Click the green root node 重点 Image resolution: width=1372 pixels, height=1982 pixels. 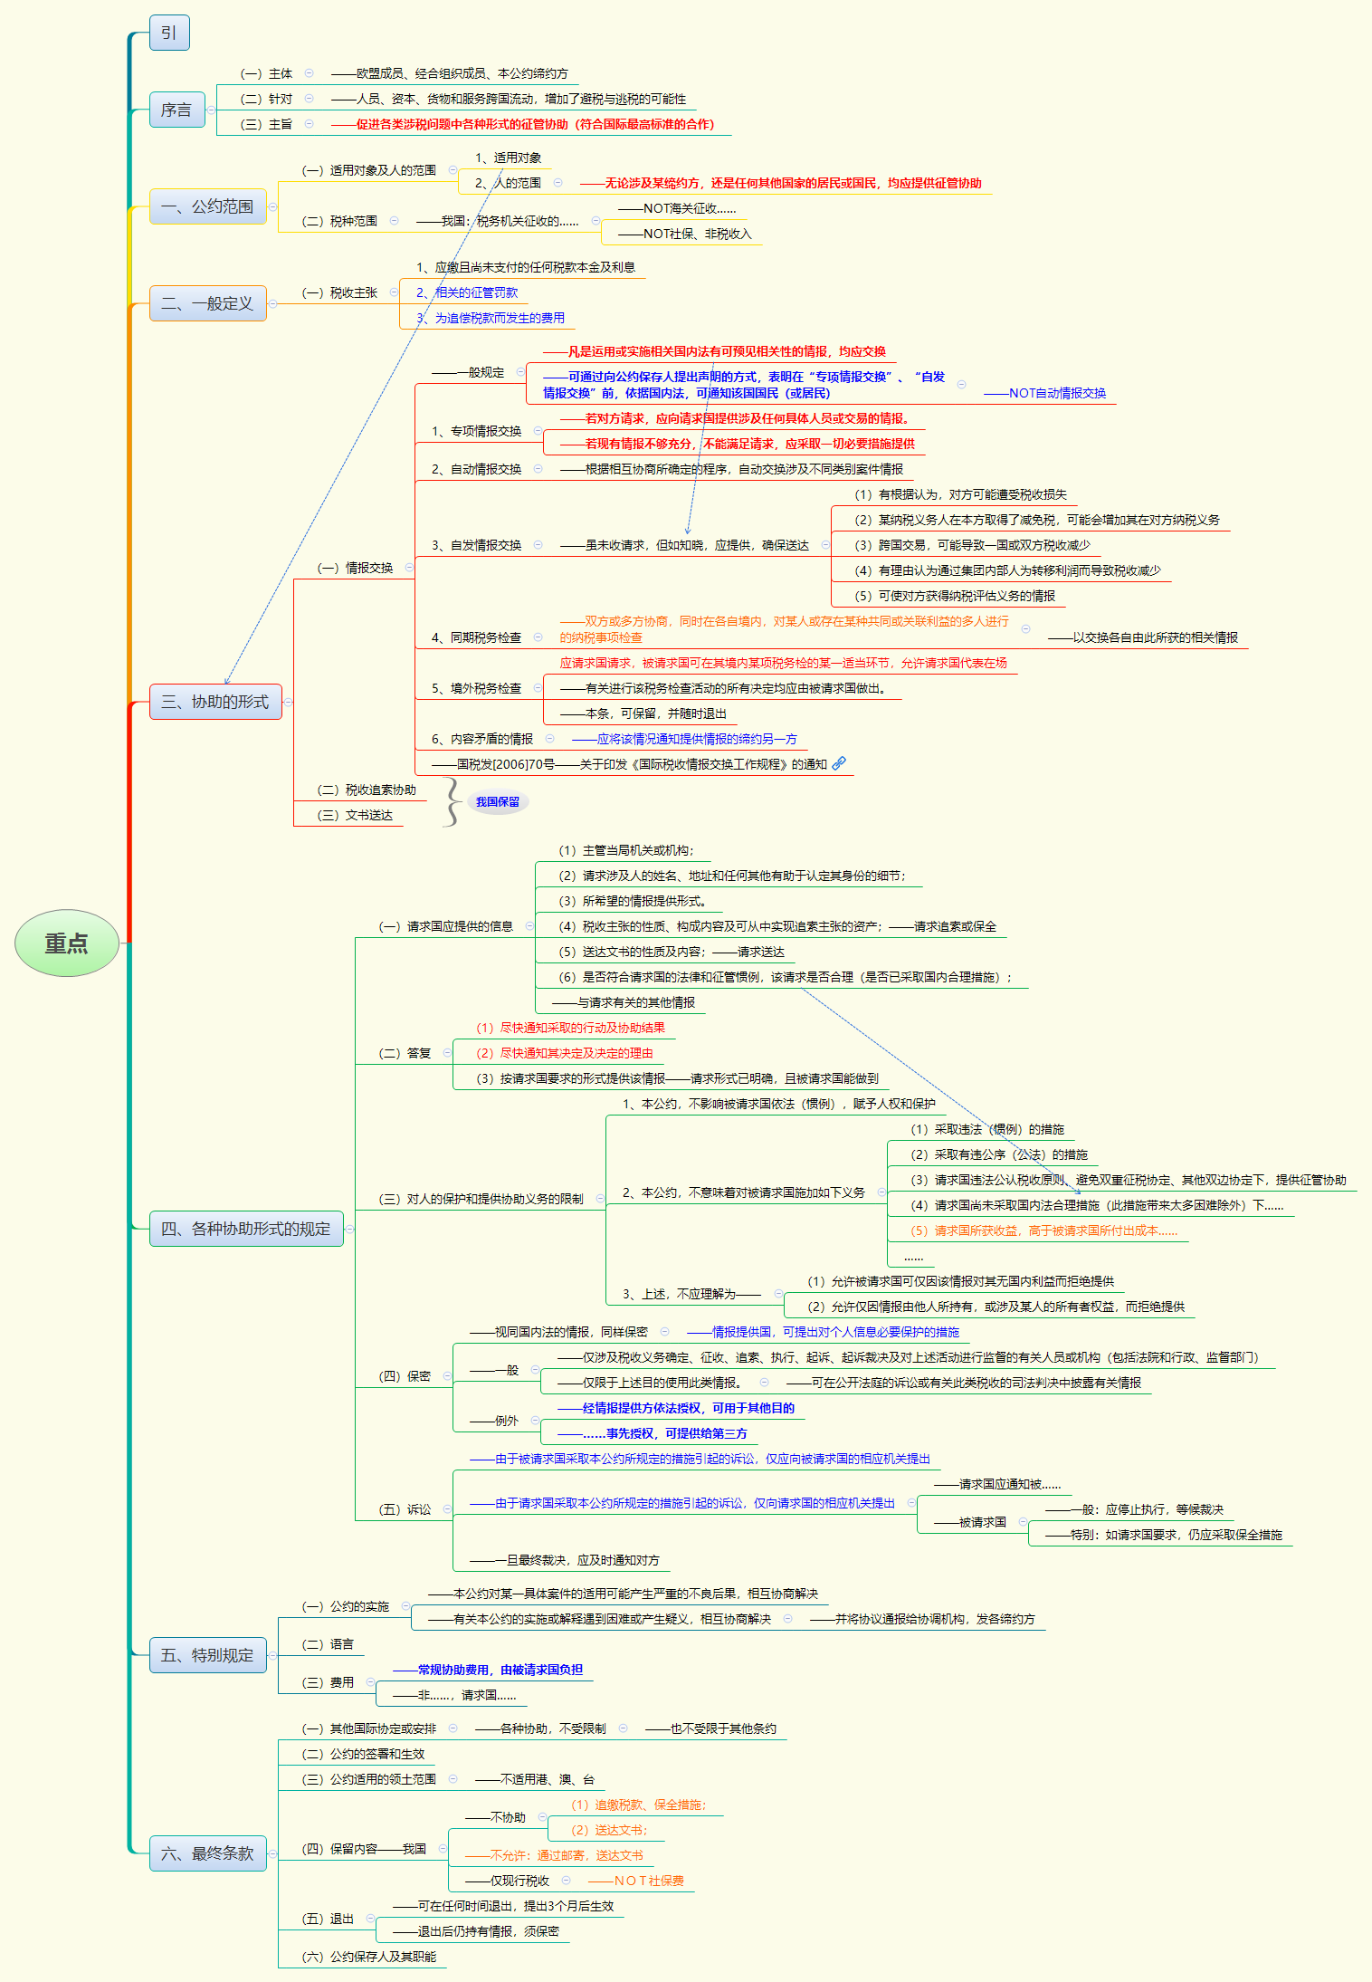click(67, 943)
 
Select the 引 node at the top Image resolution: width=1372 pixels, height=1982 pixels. click(169, 33)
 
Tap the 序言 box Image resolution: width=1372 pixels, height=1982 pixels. click(176, 110)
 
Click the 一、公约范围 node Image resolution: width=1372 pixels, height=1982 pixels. click(207, 206)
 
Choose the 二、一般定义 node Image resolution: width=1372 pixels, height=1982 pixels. click(207, 303)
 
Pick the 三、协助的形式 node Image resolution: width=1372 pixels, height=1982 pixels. click(215, 702)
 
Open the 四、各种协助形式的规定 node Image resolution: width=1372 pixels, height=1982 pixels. click(246, 1229)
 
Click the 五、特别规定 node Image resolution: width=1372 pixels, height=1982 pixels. click(207, 1655)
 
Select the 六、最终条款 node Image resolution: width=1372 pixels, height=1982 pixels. click(207, 1853)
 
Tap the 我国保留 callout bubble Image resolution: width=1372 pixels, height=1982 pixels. click(498, 801)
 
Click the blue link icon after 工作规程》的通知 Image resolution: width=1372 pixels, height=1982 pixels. click(839, 763)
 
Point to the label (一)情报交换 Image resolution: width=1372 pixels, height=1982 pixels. click(355, 568)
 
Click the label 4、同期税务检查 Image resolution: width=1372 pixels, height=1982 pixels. click(476, 637)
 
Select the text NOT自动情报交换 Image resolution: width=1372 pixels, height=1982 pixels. click(1057, 393)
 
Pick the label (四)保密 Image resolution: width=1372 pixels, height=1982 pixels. click(405, 1376)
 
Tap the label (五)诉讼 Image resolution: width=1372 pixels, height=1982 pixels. click(405, 1509)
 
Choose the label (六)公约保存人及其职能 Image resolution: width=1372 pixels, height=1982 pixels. click(369, 1957)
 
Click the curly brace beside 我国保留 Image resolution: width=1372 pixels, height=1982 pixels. click(452, 802)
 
